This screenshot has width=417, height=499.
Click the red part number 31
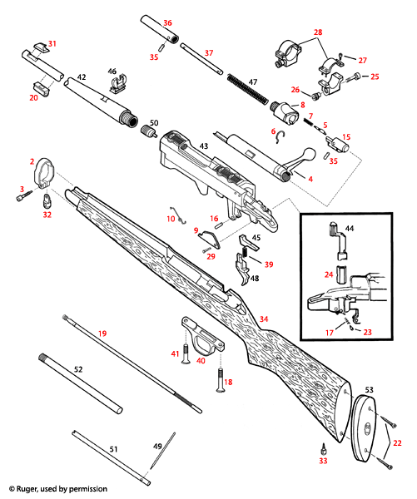[x=52, y=42]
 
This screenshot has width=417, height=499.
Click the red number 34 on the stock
[x=264, y=319]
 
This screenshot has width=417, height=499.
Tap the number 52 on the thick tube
[x=77, y=368]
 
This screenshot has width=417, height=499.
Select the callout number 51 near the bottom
[x=113, y=448]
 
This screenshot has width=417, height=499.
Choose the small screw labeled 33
[x=324, y=449]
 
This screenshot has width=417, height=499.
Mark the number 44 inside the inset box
[x=349, y=227]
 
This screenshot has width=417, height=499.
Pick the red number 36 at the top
[x=166, y=22]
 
